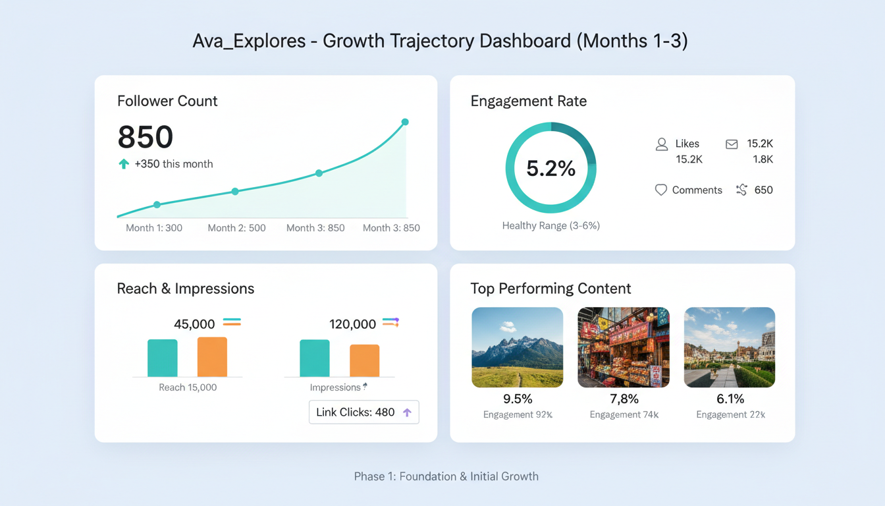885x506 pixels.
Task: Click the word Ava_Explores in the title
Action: (249, 41)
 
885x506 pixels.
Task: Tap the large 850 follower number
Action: (146, 137)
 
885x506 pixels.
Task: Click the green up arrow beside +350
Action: (124, 164)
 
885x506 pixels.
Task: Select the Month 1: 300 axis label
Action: (154, 228)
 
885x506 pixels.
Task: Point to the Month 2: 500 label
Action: (236, 228)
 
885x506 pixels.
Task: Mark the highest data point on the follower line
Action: (405, 122)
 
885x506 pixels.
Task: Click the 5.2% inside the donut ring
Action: (551, 168)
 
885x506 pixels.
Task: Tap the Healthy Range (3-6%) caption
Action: (551, 225)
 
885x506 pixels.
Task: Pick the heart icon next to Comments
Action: (661, 190)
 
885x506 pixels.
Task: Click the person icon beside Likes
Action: (662, 144)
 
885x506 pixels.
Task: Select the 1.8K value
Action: (763, 159)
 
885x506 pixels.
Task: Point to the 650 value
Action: (764, 190)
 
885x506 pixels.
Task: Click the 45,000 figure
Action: (194, 324)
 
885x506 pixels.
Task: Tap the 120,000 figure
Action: (352, 324)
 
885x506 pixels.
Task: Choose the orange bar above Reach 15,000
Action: (212, 357)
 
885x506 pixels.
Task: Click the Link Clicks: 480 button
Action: (363, 412)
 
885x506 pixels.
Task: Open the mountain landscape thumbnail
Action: (518, 347)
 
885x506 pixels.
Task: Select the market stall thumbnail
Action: (624, 347)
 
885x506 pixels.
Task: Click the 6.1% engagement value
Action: (730, 399)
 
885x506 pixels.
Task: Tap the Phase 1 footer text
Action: (446, 476)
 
